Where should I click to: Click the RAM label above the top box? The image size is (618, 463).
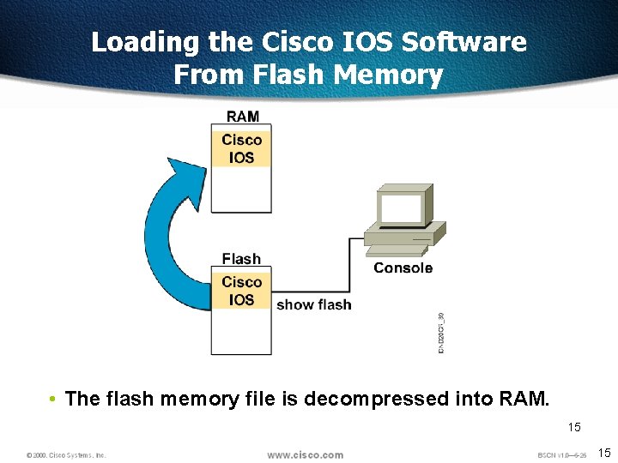pyautogui.click(x=242, y=117)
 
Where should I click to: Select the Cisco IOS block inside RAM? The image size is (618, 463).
pyautogui.click(x=241, y=148)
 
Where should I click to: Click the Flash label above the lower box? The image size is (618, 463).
pyautogui.click(x=241, y=259)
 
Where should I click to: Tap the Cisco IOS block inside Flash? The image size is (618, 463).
pyautogui.click(x=241, y=291)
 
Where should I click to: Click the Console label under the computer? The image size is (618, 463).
pyautogui.click(x=403, y=268)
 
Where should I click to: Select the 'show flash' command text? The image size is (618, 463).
pyautogui.click(x=313, y=304)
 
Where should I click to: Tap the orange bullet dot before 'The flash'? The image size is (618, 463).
pyautogui.click(x=53, y=400)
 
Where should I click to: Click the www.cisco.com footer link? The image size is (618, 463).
pyautogui.click(x=305, y=454)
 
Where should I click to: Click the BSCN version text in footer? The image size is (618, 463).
pyautogui.click(x=561, y=454)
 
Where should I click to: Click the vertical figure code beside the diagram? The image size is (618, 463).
pyautogui.click(x=441, y=333)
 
